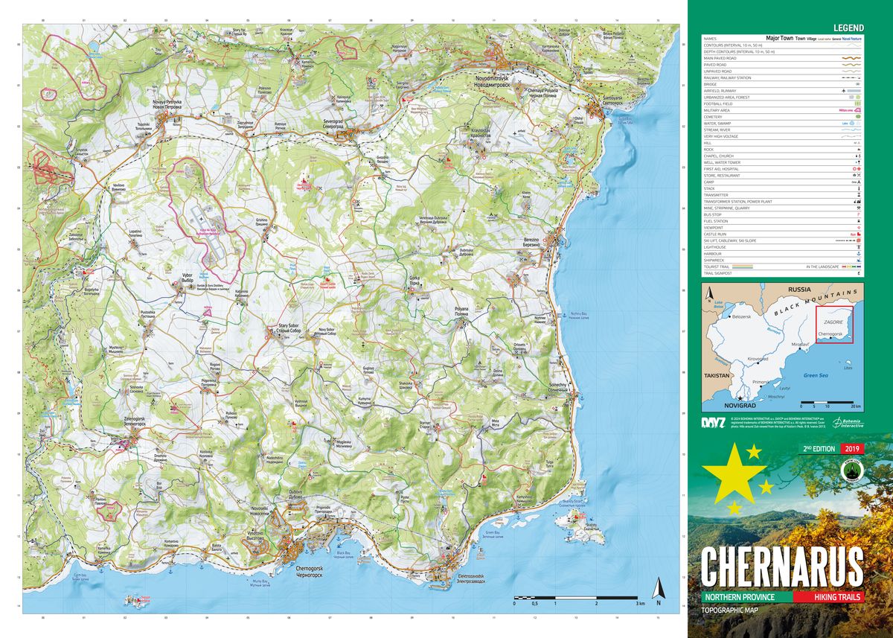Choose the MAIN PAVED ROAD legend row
click(720, 58)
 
